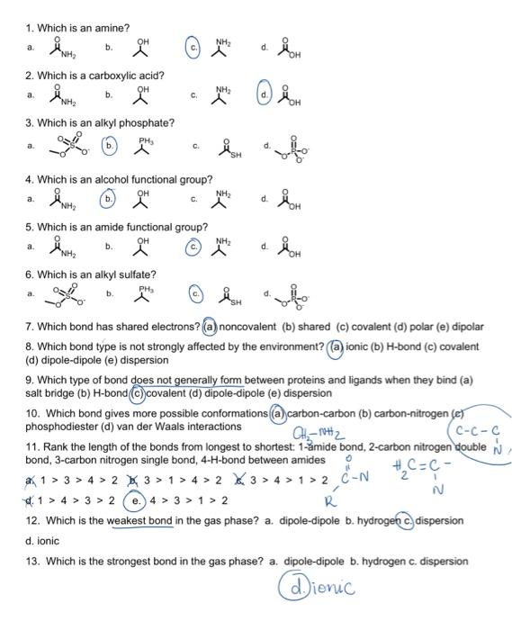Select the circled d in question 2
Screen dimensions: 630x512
coord(265,94)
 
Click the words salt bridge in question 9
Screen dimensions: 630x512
coord(50,393)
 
